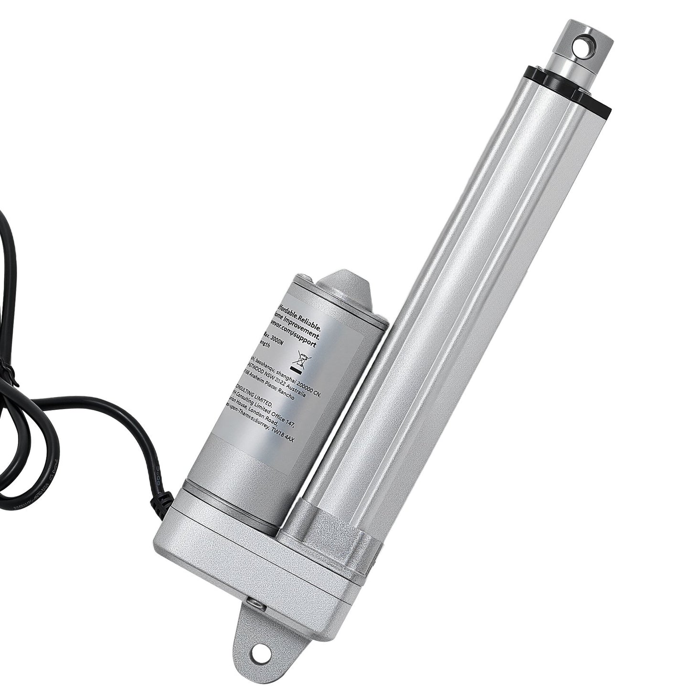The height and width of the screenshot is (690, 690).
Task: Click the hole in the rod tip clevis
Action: pyautogui.click(x=586, y=46)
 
